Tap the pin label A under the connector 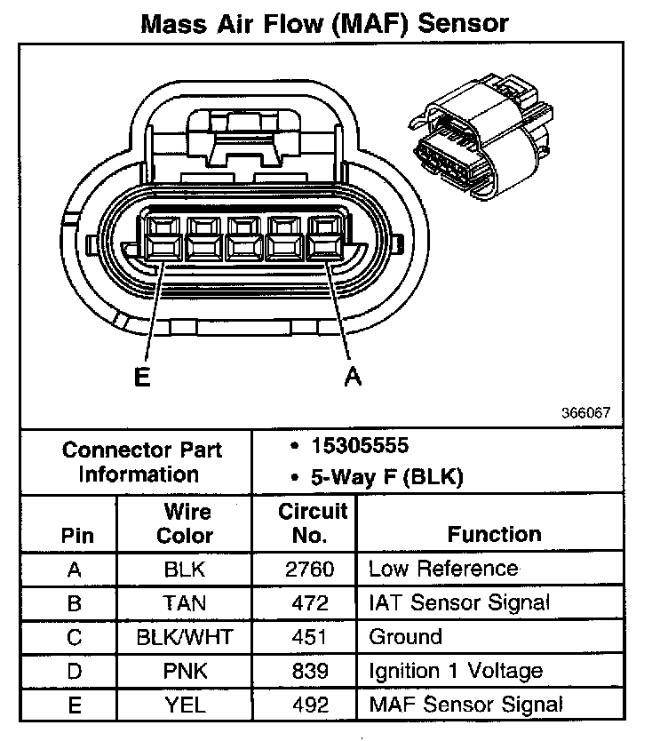point(353,378)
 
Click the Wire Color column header point(185,524)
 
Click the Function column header point(494,535)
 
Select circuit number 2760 point(310,570)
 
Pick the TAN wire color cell point(184,603)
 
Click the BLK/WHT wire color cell point(184,637)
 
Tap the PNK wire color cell point(184,671)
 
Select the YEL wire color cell point(184,705)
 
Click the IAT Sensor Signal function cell point(459,603)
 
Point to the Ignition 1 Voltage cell point(455,671)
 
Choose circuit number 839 point(310,671)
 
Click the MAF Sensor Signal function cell point(465,705)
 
